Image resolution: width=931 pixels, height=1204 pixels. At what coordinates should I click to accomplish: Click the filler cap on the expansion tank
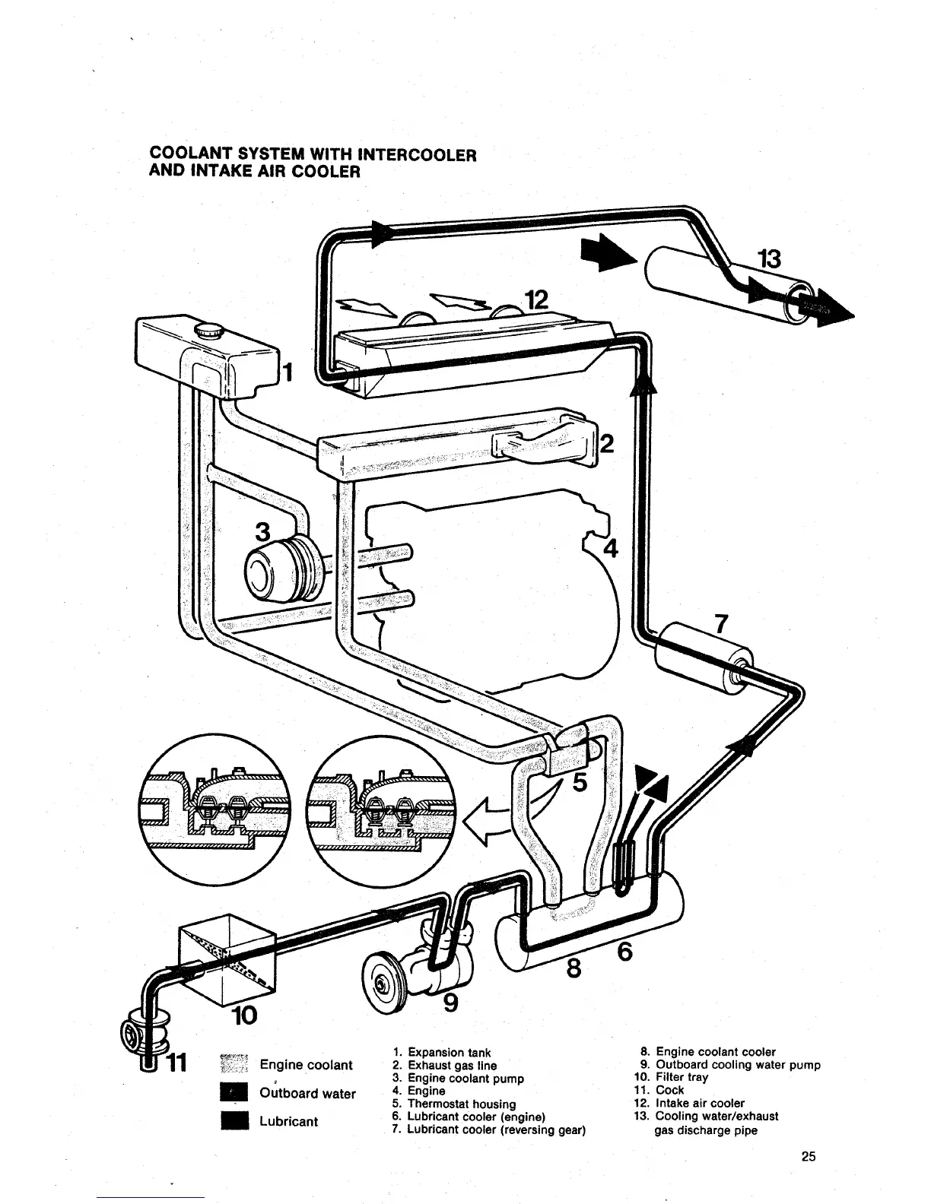(208, 332)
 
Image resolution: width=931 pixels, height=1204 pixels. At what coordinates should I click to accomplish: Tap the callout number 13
(769, 260)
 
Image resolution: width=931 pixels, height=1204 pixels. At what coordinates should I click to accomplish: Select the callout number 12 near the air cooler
(535, 300)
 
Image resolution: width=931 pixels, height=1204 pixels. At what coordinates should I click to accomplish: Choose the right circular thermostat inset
(378, 807)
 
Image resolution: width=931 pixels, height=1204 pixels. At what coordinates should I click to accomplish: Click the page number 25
(809, 1157)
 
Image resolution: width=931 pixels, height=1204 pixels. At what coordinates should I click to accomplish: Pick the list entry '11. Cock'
(659, 1090)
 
